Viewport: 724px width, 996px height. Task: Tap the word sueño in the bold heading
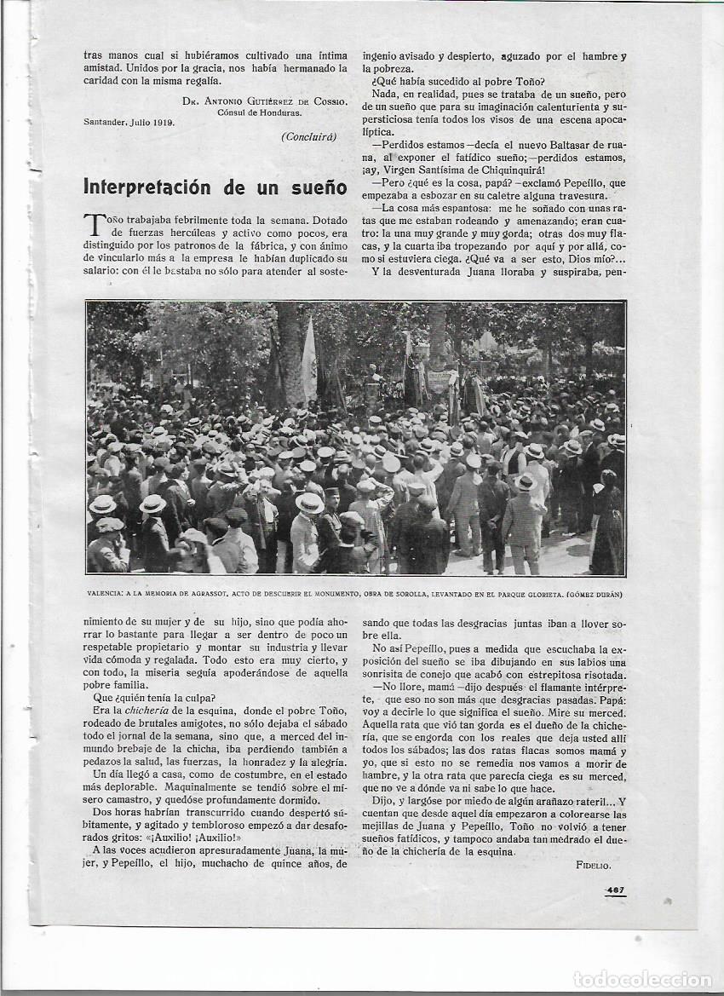(317, 187)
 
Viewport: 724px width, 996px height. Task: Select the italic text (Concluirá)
(308, 136)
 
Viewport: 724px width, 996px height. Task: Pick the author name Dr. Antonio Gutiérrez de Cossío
(264, 101)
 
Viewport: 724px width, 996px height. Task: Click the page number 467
(615, 890)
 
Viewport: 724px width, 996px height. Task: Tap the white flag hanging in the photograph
(309, 362)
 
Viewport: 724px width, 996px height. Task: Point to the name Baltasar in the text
(555, 145)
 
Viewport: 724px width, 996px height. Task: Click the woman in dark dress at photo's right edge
(606, 528)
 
